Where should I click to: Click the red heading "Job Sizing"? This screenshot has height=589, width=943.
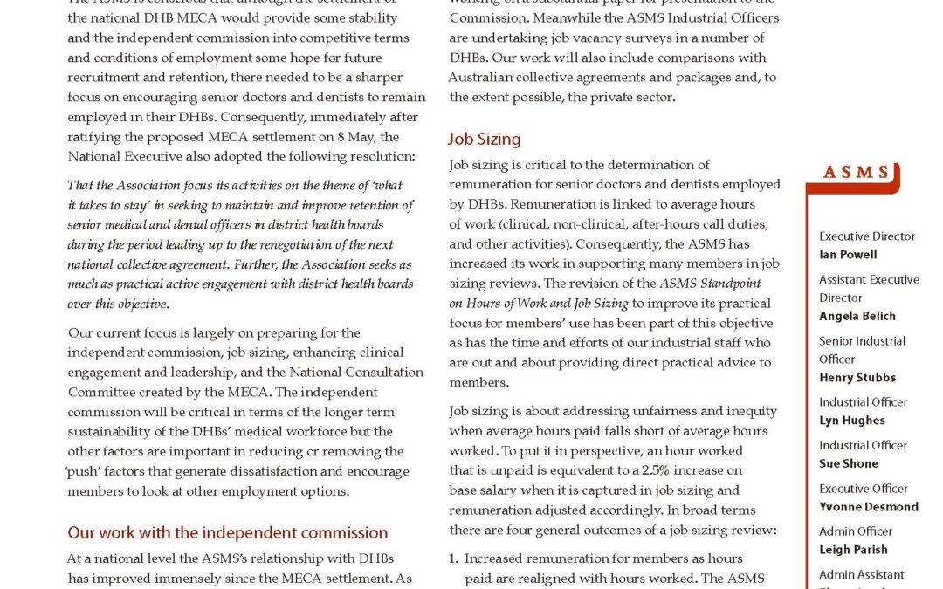484,139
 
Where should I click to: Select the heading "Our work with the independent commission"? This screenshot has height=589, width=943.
228,532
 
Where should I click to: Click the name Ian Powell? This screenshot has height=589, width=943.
848,255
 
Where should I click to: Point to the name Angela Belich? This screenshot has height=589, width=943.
857,316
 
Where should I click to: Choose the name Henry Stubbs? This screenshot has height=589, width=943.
857,378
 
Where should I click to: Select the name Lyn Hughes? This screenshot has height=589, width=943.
852,421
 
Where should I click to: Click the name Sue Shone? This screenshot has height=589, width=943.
849,463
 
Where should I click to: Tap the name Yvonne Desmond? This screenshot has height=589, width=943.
869,507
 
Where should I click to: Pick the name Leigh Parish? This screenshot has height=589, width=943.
853,550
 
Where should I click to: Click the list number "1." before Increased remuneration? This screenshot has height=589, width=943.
454,558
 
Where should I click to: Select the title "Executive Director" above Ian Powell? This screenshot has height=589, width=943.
867,236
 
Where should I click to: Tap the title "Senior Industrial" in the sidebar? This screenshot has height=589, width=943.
863,341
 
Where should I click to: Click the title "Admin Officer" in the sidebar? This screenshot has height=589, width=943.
856,531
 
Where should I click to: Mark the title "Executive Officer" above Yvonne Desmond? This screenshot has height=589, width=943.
864,489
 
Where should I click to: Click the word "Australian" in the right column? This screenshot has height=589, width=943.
485,78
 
